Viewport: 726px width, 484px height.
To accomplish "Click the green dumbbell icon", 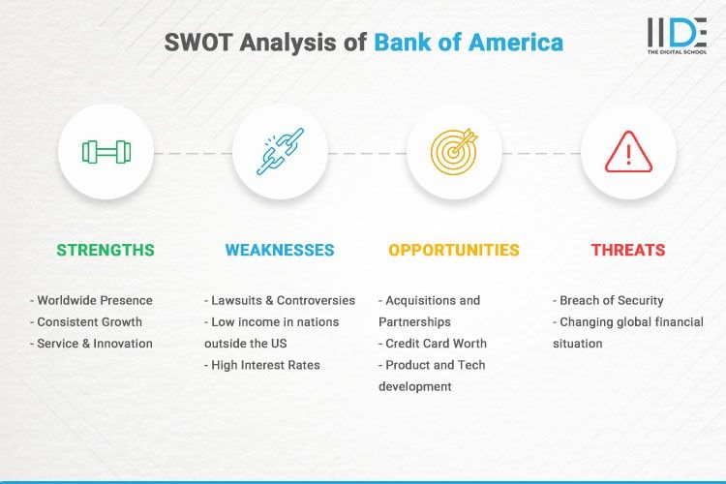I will (106, 152).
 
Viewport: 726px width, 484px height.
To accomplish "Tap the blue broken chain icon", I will (280, 152).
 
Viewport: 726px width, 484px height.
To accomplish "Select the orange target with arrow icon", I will (454, 152).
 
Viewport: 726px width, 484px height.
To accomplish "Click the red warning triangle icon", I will (628, 152).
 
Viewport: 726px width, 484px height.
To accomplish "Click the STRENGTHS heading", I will (106, 250).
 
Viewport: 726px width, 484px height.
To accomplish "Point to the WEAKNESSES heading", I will (280, 250).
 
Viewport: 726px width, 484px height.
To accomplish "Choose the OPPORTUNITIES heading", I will (454, 250).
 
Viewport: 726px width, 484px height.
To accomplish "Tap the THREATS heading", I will (628, 250).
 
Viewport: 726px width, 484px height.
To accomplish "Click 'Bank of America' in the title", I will (469, 43).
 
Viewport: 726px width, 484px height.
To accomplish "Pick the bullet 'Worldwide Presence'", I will (94, 300).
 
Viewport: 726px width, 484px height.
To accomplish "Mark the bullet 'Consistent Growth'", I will (89, 321).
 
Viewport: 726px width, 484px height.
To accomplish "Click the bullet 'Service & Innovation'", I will (94, 343).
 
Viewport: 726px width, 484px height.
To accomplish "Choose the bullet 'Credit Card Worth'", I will (435, 343).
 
